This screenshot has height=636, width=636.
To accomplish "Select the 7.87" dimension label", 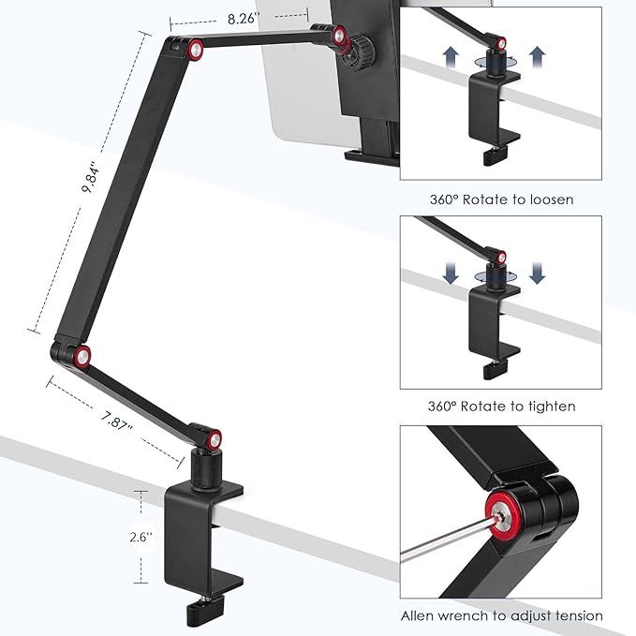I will point(116,425).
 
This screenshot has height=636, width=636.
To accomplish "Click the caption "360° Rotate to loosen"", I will point(500,199).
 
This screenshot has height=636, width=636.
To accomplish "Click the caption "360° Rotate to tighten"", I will point(500,407).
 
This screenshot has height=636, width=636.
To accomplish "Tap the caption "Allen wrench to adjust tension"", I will point(501,615).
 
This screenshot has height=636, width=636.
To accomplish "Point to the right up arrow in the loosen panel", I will point(537,57).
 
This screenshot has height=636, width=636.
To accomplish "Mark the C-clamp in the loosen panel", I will point(492,117).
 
